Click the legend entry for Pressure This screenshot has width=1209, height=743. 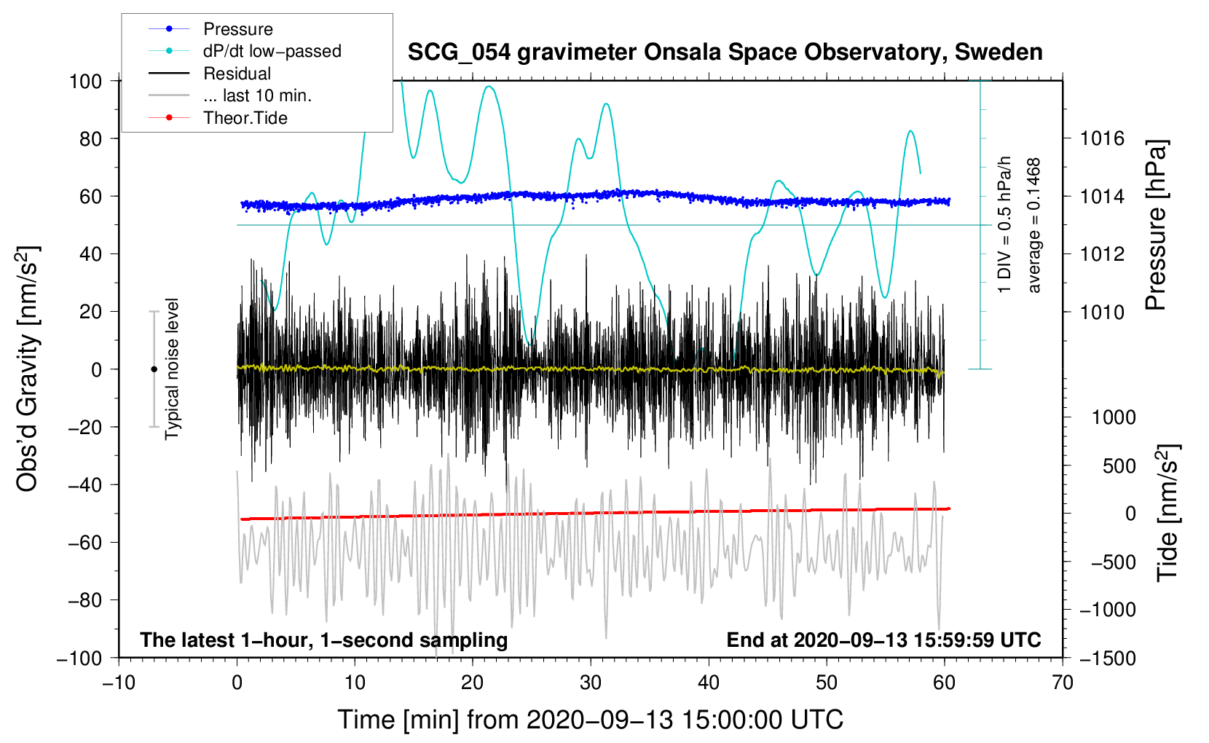[x=237, y=29]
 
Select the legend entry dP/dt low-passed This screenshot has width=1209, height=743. [x=272, y=52]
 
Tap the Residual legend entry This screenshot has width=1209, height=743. [x=237, y=74]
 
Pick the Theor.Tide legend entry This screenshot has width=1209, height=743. [x=245, y=118]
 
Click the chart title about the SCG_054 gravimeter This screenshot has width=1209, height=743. [x=725, y=52]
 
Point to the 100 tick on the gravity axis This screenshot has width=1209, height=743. [x=85, y=81]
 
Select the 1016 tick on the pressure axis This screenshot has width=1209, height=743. [x=1102, y=138]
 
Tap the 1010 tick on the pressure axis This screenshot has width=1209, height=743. [x=1102, y=312]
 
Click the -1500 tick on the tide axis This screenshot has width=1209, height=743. [x=1107, y=658]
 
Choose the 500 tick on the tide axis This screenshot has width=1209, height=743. [x=1119, y=465]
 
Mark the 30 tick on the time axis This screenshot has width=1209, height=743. [x=591, y=683]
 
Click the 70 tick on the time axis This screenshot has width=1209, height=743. [x=1063, y=683]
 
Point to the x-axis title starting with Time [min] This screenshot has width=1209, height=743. [x=590, y=720]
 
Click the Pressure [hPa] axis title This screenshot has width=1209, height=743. [x=1156, y=226]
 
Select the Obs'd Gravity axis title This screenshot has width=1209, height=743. [x=28, y=369]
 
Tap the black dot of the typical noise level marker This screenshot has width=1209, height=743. [x=154, y=369]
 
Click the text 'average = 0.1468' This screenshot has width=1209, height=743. [x=1034, y=226]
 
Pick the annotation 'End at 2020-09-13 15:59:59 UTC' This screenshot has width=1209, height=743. [x=883, y=640]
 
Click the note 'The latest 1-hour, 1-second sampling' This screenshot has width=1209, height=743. [x=323, y=640]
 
